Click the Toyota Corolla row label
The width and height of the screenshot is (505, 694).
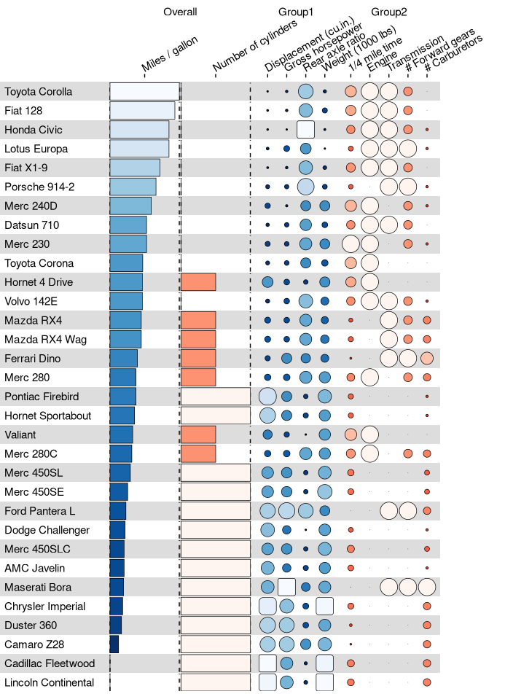pyautogui.click(x=39, y=92)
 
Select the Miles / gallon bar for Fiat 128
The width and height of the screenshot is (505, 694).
pyautogui.click(x=142, y=111)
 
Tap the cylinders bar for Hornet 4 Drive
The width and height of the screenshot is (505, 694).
pyautogui.click(x=198, y=282)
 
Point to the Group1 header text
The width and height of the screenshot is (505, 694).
pyautogui.click(x=296, y=12)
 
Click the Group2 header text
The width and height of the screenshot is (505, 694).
pyautogui.click(x=389, y=12)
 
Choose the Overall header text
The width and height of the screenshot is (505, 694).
pyautogui.click(x=180, y=12)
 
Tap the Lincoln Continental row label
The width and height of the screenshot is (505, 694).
pyautogui.click(x=50, y=682)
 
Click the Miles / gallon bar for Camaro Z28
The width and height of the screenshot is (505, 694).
pyautogui.click(x=114, y=644)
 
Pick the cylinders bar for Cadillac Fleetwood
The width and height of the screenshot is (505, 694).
pyautogui.click(x=216, y=663)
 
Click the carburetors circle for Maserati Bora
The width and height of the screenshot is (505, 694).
pyautogui.click(x=427, y=587)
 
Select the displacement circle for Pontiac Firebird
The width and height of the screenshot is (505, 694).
pyautogui.click(x=267, y=397)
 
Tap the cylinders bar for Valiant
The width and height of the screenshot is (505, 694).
pyautogui.click(x=198, y=434)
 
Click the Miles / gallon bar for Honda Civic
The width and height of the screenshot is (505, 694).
pyautogui.click(x=139, y=130)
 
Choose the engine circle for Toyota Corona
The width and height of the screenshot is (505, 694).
pyautogui.click(x=369, y=263)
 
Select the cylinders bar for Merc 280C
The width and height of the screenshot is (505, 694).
pyautogui.click(x=198, y=453)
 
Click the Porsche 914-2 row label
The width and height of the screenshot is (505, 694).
pyautogui.click(x=39, y=187)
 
